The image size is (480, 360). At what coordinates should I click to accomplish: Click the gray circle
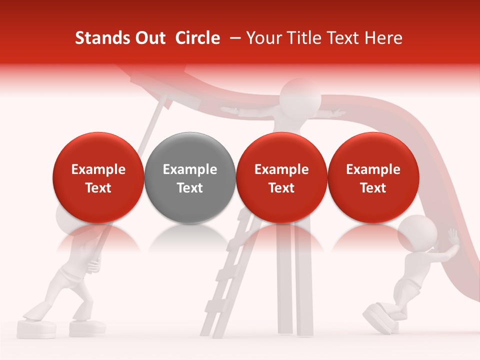point(189,178)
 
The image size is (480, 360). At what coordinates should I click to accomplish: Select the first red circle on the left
point(98,178)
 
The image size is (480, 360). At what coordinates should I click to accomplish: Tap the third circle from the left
point(281,178)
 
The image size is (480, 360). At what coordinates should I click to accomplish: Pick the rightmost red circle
point(373,178)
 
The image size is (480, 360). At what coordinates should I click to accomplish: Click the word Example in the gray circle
point(190,169)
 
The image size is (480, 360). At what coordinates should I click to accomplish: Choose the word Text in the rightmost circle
point(373,188)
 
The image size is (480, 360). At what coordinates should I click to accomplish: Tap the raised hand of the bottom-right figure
point(453,236)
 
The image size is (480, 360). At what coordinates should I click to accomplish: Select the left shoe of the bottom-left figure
point(36,327)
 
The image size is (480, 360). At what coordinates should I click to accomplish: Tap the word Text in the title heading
point(343,38)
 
